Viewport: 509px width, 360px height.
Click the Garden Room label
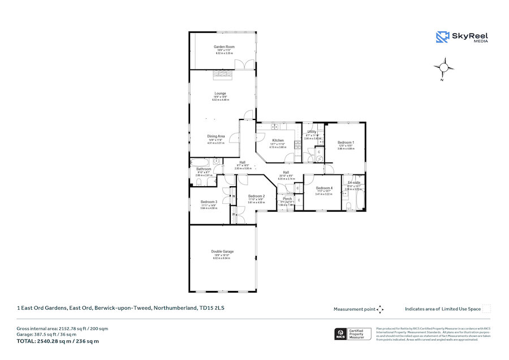click(x=224, y=46)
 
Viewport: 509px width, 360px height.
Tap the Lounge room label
click(x=220, y=93)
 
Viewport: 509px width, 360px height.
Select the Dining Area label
click(x=215, y=136)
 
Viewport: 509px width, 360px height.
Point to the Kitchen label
click(x=278, y=140)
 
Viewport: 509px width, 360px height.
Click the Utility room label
click(x=312, y=131)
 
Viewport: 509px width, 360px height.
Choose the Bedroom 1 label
click(x=346, y=142)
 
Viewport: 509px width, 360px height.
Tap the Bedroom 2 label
click(x=256, y=196)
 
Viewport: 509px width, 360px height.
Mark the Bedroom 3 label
click(x=209, y=202)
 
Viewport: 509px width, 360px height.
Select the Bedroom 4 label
click(x=324, y=188)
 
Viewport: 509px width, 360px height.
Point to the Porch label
click(x=287, y=199)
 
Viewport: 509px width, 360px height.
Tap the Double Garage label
click(x=222, y=251)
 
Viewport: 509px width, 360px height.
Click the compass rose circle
click(x=444, y=67)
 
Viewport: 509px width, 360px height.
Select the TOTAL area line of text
click(x=58, y=341)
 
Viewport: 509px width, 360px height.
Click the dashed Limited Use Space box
click(x=486, y=308)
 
